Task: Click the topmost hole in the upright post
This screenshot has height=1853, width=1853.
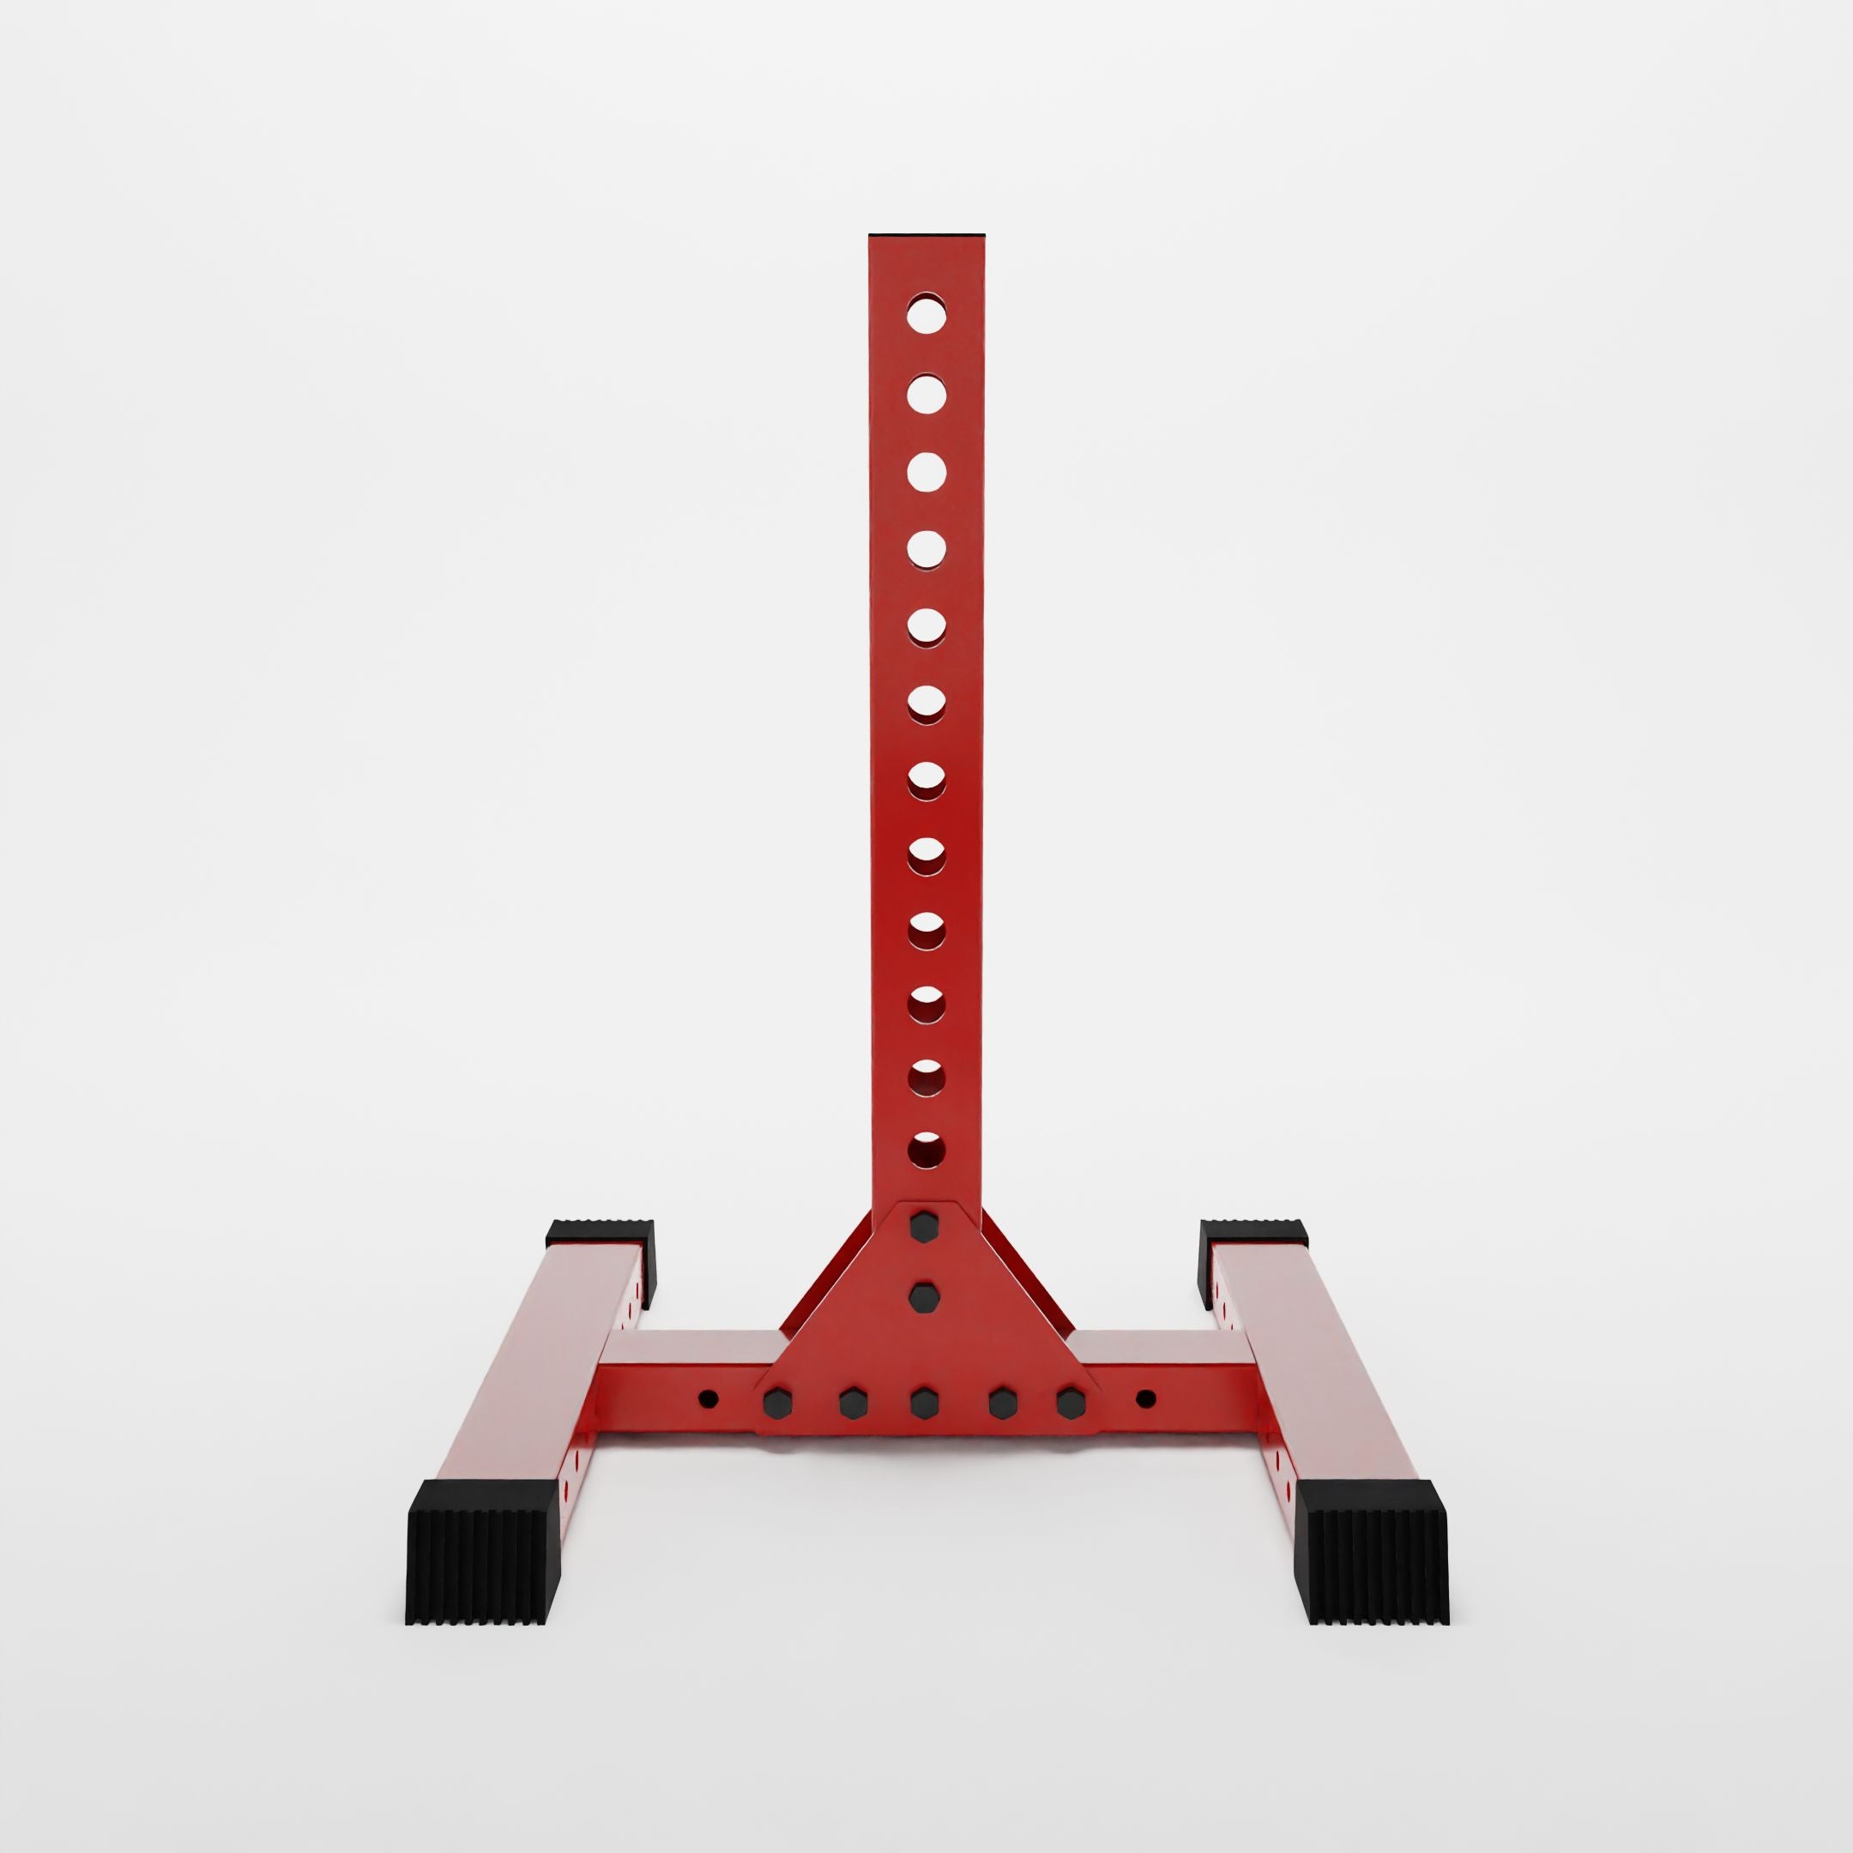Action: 926,314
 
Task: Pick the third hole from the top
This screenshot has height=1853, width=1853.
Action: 926,470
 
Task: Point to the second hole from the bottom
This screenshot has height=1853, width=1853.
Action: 926,1079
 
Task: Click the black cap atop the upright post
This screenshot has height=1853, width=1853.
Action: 926,234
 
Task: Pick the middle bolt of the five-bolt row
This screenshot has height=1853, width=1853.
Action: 924,1401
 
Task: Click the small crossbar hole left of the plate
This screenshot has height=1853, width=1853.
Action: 708,1397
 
